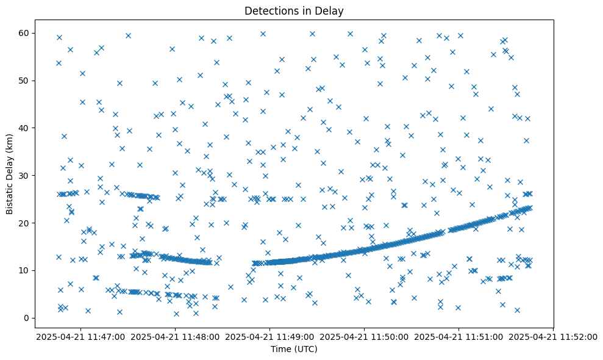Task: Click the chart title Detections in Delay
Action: point(294,10)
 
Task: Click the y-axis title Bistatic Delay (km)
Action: point(10,168)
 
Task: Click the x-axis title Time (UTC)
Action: point(294,349)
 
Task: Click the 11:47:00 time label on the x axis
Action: point(81,336)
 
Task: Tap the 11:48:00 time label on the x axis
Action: point(176,336)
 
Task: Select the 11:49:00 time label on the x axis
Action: point(270,336)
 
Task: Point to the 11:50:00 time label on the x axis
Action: point(365,336)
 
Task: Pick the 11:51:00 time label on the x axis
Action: point(459,336)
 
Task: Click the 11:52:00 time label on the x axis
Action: point(553,336)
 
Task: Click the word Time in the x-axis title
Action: point(281,349)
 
